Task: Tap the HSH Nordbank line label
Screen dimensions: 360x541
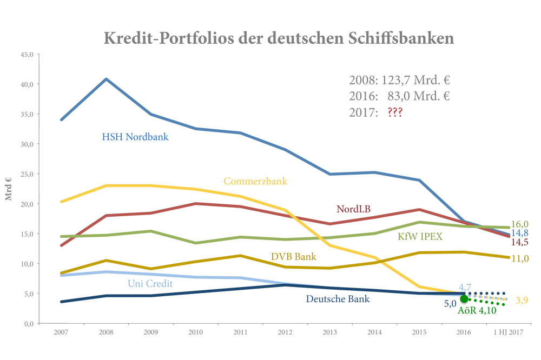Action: pos(135,137)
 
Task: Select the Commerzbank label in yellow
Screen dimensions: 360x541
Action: pos(255,181)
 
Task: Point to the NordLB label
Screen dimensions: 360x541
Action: pos(353,209)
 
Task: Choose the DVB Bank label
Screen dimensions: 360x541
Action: pos(294,256)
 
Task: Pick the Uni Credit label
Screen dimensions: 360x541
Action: pos(151,283)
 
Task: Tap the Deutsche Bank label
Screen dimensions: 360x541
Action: pos(338,298)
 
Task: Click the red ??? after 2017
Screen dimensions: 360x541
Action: pos(394,113)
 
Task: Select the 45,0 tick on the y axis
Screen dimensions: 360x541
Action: pos(27,55)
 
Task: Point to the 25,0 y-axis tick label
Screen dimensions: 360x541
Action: pos(27,174)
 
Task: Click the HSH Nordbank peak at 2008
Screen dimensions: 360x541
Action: pos(107,79)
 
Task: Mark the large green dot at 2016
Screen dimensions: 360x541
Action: pos(464,299)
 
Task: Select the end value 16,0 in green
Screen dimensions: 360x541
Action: pos(520,224)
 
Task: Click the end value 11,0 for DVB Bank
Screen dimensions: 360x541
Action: pos(520,258)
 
